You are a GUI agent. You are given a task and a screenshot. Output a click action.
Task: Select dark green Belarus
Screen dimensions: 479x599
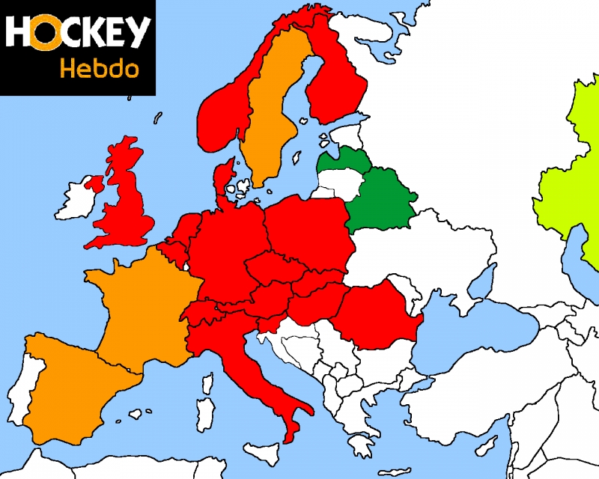click(x=382, y=198)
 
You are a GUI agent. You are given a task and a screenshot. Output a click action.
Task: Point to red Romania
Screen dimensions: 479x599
click(x=374, y=314)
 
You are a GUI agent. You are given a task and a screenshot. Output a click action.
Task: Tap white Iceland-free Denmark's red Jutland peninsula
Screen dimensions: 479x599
click(x=224, y=180)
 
